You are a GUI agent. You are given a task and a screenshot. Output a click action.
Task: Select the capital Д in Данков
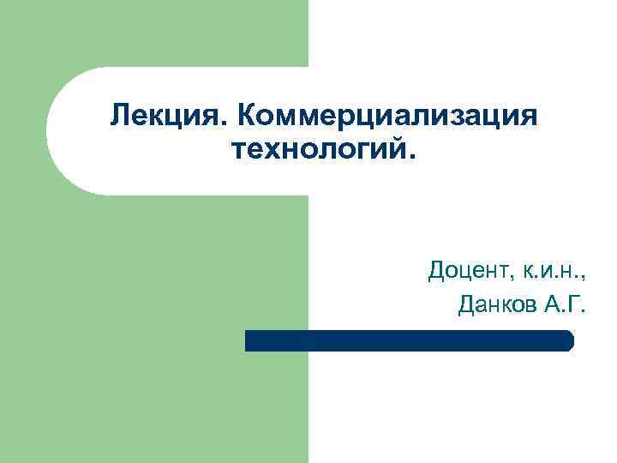468,304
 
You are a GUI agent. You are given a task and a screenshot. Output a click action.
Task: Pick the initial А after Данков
552,304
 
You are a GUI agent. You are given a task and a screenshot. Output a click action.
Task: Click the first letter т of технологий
237,153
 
